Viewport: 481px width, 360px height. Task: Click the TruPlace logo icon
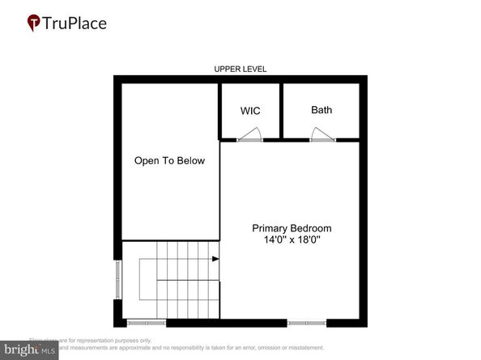click(34, 23)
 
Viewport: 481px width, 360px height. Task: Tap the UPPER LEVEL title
click(240, 70)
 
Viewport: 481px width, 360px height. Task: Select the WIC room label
click(250, 110)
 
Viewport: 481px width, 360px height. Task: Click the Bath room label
click(321, 110)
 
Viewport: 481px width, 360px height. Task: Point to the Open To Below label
click(169, 161)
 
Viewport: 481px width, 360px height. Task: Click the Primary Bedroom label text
click(292, 228)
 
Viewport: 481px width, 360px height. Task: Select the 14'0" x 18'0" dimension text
click(292, 240)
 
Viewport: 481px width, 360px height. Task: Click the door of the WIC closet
click(250, 136)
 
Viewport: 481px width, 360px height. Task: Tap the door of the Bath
click(322, 136)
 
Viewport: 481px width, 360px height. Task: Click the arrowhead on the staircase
click(215, 260)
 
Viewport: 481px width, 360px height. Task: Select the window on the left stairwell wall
click(118, 279)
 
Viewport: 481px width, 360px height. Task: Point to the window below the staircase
click(147, 323)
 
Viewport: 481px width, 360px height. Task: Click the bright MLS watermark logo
click(29, 350)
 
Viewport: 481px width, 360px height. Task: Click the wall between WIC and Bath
click(278, 110)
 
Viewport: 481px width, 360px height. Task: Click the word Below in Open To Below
click(191, 161)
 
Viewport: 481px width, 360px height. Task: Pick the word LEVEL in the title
click(254, 70)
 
